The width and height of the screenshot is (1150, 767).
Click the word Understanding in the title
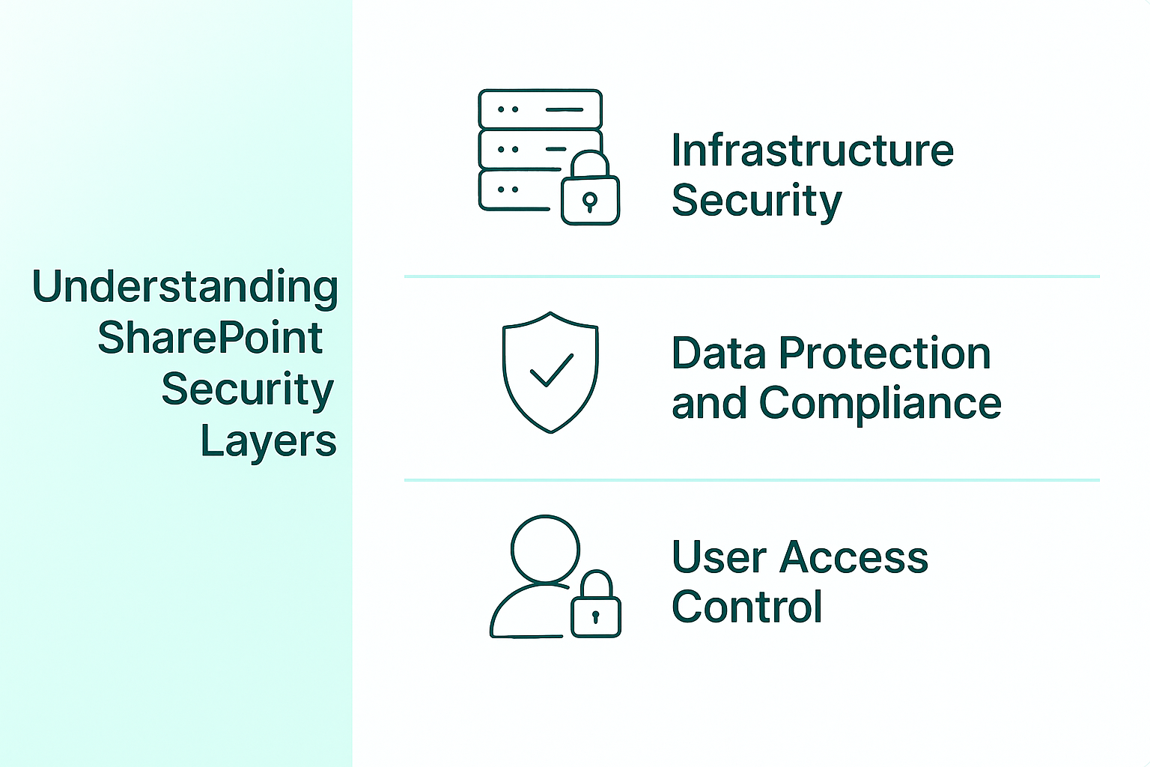[185, 288]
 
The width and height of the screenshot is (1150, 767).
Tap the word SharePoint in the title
[210, 338]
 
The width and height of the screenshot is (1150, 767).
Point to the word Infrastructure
[812, 150]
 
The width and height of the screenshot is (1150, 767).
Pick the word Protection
[884, 353]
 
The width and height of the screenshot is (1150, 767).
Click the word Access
[854, 557]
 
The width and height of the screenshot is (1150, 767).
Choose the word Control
[747, 606]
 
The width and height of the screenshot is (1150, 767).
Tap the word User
[719, 557]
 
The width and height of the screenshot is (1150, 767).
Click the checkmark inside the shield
[551, 369]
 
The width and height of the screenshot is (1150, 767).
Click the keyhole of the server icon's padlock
[590, 202]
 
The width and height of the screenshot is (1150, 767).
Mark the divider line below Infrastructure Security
[752, 276]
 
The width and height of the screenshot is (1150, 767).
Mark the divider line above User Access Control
[752, 480]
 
